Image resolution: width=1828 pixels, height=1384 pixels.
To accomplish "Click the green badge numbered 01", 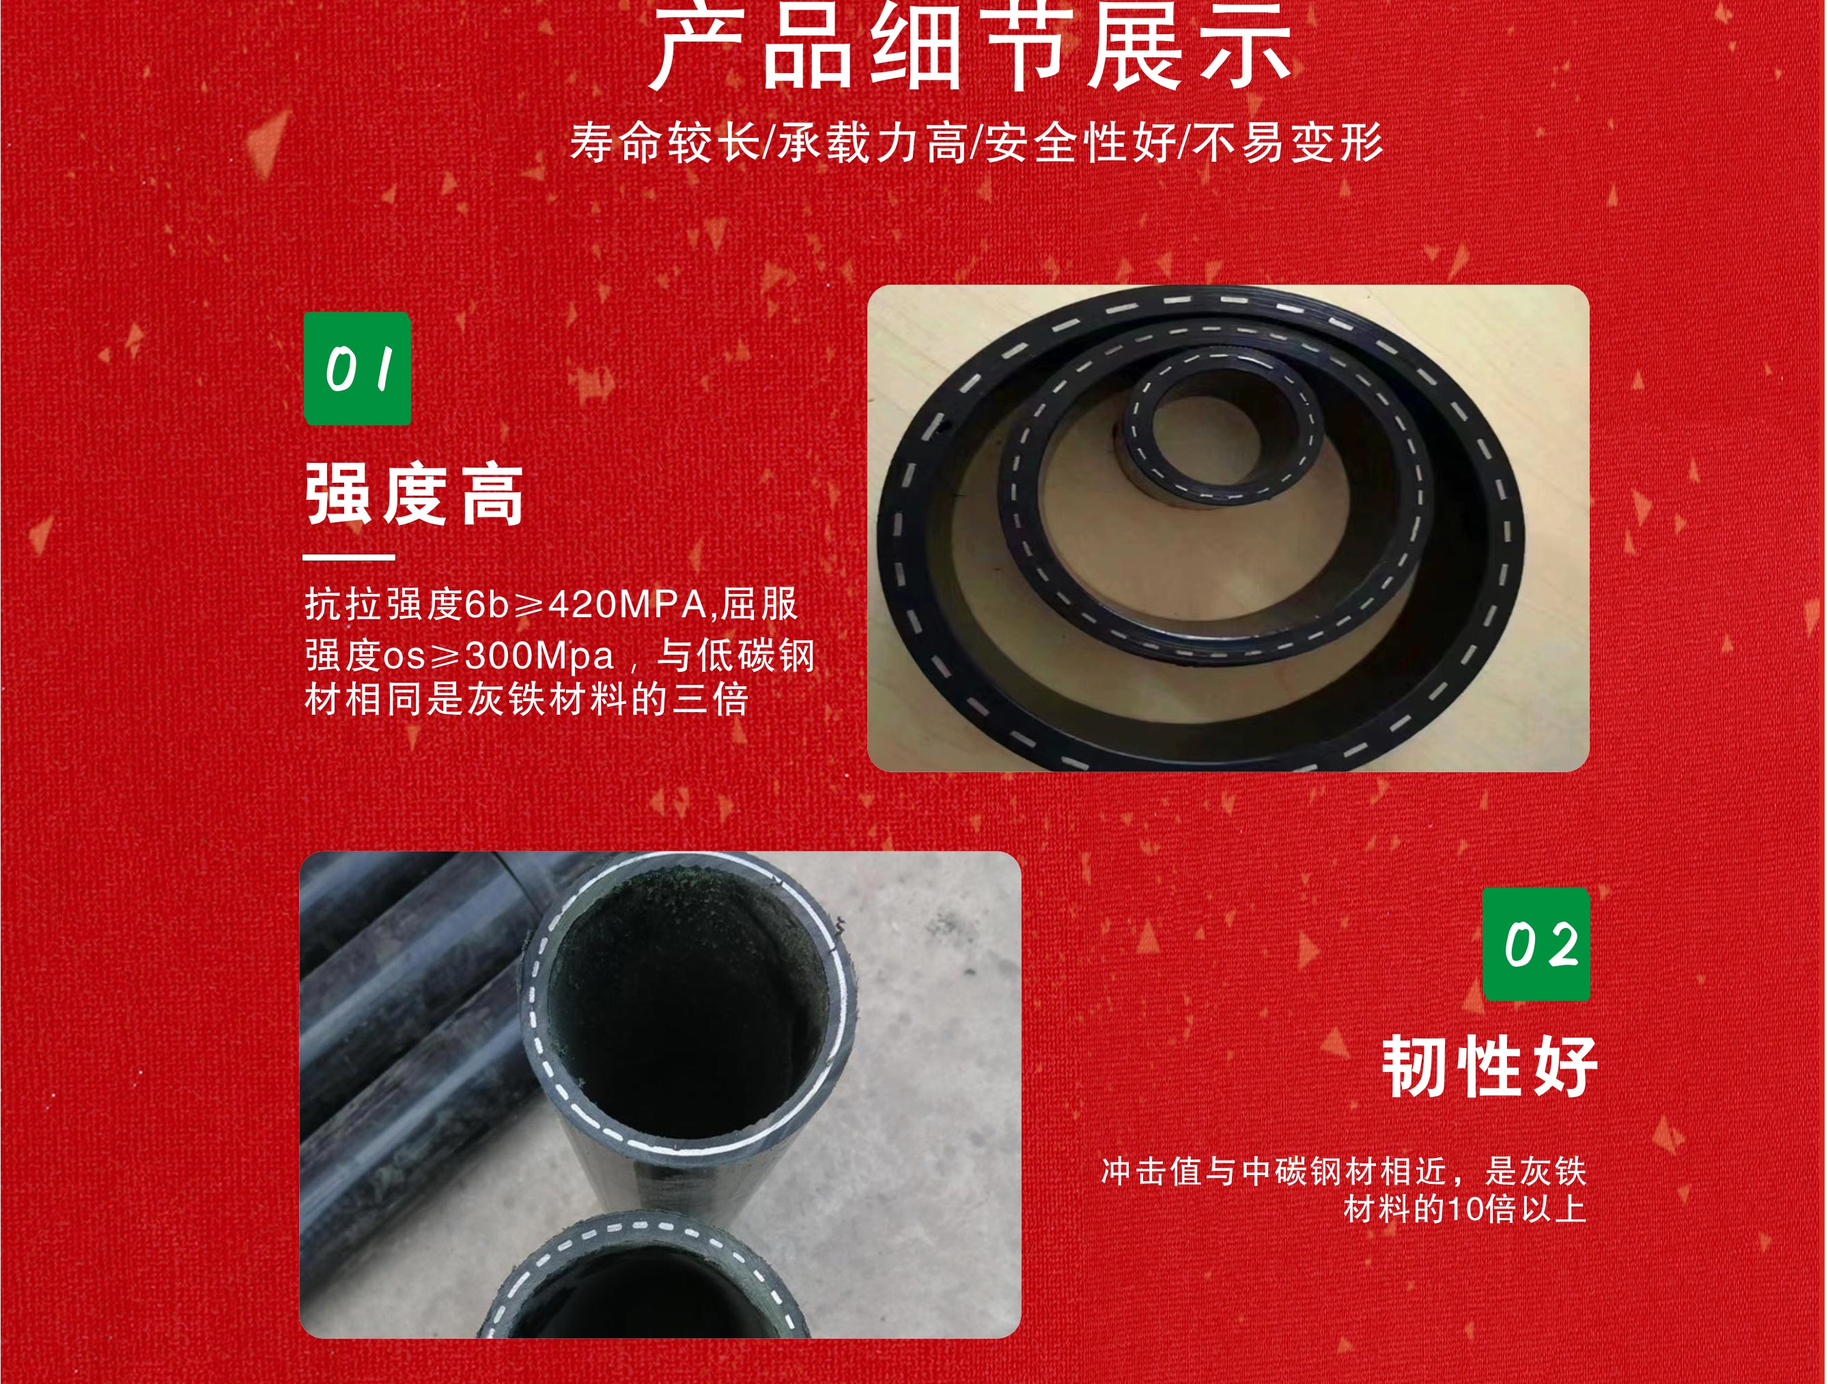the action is tap(357, 369).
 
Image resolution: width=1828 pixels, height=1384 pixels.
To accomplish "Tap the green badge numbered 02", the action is tap(1536, 944).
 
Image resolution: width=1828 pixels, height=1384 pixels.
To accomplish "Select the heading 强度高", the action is tap(414, 495).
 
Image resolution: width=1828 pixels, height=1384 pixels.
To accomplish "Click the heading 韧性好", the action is tap(1489, 1067).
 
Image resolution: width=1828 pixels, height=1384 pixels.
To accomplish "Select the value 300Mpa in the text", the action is tap(539, 657).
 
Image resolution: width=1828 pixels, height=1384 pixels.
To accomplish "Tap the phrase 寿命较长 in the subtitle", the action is tap(664, 142).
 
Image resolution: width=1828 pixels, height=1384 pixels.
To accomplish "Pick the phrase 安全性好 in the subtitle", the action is tap(1080, 142).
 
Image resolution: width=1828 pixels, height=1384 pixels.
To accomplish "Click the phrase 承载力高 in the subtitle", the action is tap(873, 142).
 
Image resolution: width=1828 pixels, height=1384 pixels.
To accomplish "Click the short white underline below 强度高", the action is tap(349, 557).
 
